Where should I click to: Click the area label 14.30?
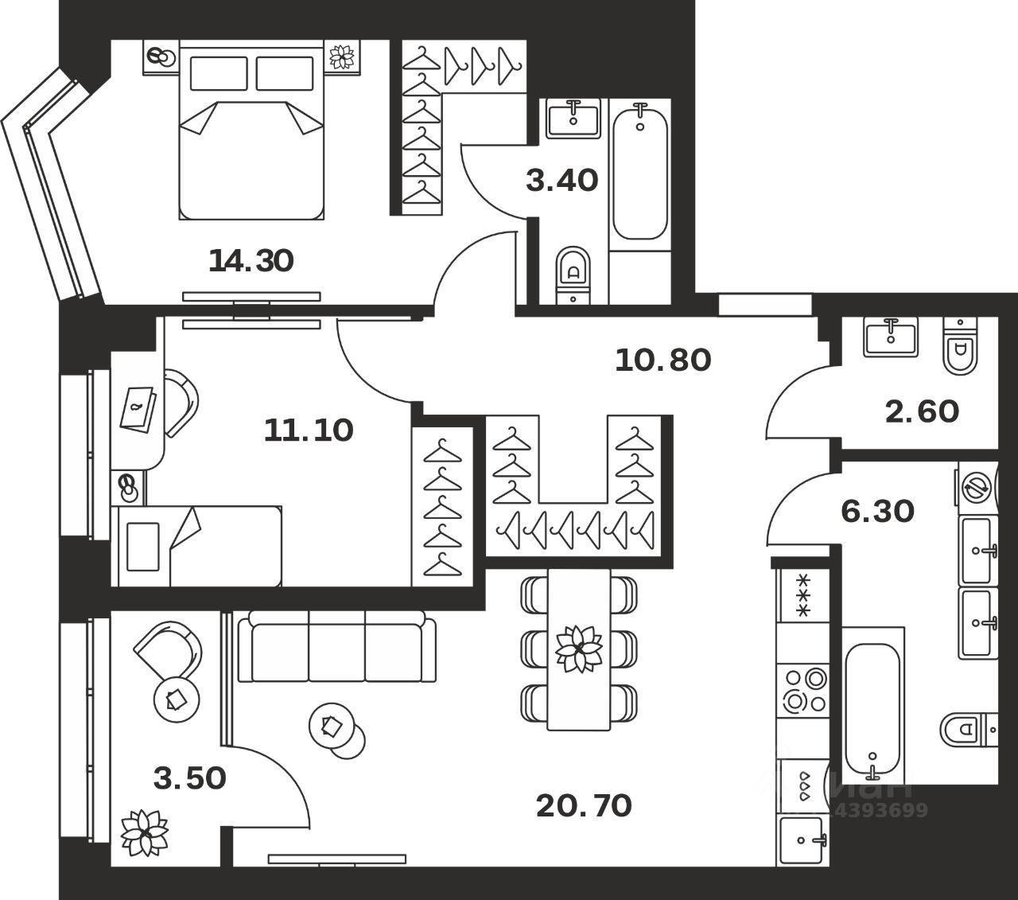point(251,260)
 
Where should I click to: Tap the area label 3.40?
point(562,181)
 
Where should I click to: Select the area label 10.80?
point(662,360)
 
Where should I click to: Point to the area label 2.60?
point(922,411)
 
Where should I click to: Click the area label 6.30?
point(877,511)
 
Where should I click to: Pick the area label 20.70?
point(584,806)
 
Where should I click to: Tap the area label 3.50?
point(190,777)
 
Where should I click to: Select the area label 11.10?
point(309,431)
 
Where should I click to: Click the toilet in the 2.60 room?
point(960,345)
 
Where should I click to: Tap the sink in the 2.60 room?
point(891,336)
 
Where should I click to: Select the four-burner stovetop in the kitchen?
point(803,690)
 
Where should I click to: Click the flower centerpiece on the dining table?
point(578,648)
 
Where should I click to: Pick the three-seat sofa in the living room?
point(337,646)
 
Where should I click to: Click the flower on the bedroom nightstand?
point(344,56)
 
